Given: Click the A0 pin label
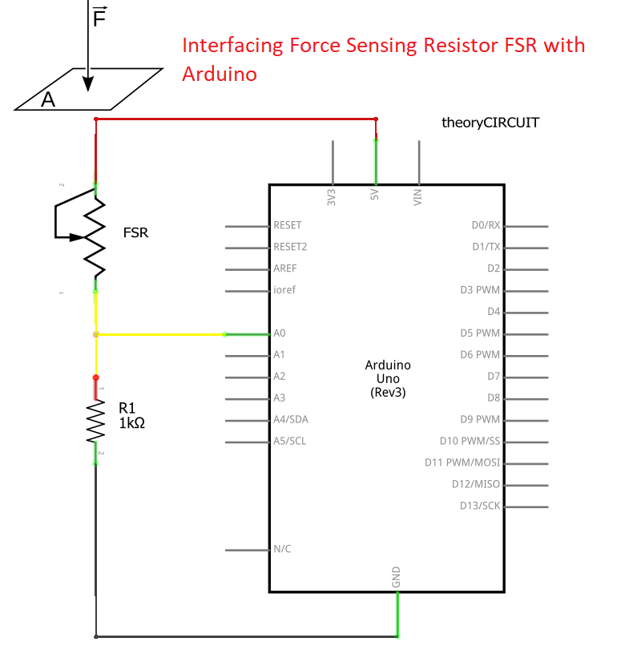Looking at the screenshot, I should click(280, 333).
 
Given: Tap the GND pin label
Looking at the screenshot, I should click(397, 578).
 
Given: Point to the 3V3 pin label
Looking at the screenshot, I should click(332, 197).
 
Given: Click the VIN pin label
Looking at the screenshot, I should click(417, 197).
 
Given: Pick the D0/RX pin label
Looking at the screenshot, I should click(486, 225).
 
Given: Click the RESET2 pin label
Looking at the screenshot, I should click(290, 247).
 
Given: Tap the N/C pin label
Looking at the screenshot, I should click(282, 549).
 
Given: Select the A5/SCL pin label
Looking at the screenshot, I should click(289, 441).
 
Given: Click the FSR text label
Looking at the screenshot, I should click(135, 233).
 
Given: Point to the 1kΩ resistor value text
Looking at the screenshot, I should click(131, 422).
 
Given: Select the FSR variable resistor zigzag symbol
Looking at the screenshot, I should click(95, 236).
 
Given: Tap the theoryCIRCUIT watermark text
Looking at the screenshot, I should click(490, 123).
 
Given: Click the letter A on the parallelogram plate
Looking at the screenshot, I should click(49, 99).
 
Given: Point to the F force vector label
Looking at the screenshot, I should click(99, 17).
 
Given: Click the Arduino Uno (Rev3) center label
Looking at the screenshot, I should click(388, 378).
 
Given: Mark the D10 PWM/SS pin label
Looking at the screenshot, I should click(470, 441).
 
